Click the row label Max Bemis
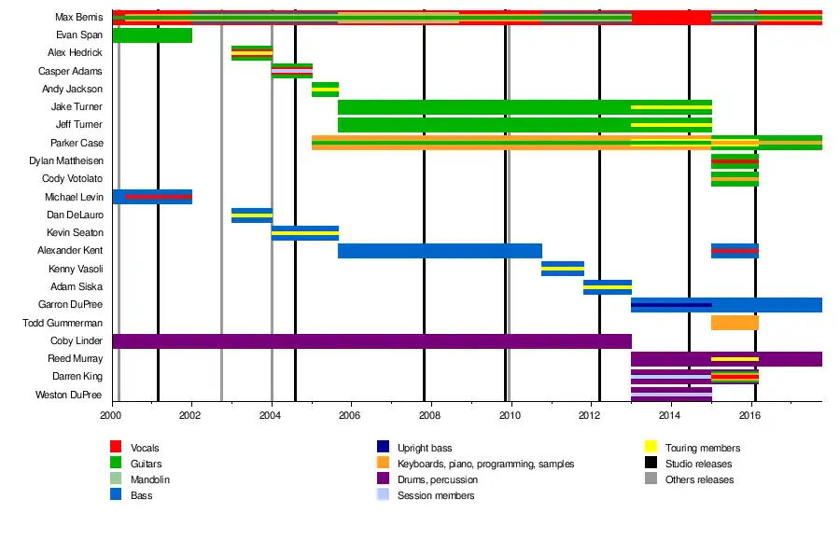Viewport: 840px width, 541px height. [x=79, y=18]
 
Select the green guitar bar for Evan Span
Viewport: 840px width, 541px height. [x=151, y=35]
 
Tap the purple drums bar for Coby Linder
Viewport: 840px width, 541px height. [x=371, y=341]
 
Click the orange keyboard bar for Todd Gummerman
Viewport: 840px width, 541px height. [x=735, y=323]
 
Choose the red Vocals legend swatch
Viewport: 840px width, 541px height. [x=118, y=449]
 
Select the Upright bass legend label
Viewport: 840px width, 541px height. [x=425, y=449]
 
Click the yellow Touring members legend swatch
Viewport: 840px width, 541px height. [x=652, y=449]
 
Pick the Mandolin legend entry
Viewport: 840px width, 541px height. [x=150, y=479]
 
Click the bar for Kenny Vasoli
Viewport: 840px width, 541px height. [x=562, y=269]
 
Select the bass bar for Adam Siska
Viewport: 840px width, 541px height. [x=607, y=287]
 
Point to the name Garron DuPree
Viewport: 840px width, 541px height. [x=71, y=305]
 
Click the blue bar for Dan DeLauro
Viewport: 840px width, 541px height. [x=251, y=215]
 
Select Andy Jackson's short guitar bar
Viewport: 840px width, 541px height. [x=325, y=90]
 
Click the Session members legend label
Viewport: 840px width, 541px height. [x=436, y=495]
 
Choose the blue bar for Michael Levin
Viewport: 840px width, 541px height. [x=151, y=197]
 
